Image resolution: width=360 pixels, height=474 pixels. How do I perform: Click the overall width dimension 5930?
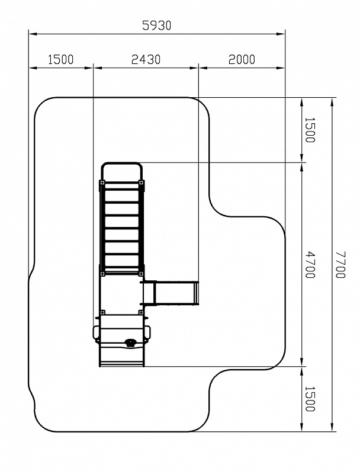click(x=156, y=25)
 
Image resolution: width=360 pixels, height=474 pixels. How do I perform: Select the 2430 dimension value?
click(x=146, y=60)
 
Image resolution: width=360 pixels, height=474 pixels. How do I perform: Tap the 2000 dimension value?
click(x=242, y=60)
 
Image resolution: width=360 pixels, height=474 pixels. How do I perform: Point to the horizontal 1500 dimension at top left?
click(x=61, y=60)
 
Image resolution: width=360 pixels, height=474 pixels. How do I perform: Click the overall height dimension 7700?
click(x=340, y=264)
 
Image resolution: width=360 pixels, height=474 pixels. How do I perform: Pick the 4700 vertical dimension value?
click(x=310, y=264)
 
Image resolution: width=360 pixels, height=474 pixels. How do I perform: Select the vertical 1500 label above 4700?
click(x=310, y=130)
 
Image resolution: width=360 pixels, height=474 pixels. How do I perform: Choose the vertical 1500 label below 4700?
click(x=310, y=399)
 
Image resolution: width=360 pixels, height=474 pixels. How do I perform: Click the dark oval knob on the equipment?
click(x=130, y=342)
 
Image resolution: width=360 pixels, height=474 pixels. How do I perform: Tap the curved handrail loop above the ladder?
click(x=121, y=164)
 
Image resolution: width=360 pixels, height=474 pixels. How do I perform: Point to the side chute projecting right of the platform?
click(x=171, y=293)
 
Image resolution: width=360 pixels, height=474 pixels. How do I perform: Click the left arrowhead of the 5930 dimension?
click(x=33, y=34)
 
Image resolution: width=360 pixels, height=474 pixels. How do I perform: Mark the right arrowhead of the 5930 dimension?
click(x=281, y=34)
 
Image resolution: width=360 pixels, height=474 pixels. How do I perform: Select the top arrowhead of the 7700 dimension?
click(x=332, y=102)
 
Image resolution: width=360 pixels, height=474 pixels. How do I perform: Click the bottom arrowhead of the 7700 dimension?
click(x=332, y=427)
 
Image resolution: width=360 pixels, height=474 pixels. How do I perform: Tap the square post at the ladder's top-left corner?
click(x=102, y=182)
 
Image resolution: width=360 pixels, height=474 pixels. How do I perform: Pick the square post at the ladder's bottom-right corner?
click(x=141, y=274)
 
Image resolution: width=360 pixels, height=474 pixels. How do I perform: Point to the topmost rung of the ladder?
click(x=121, y=190)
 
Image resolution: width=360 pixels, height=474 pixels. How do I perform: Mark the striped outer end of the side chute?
click(x=197, y=293)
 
